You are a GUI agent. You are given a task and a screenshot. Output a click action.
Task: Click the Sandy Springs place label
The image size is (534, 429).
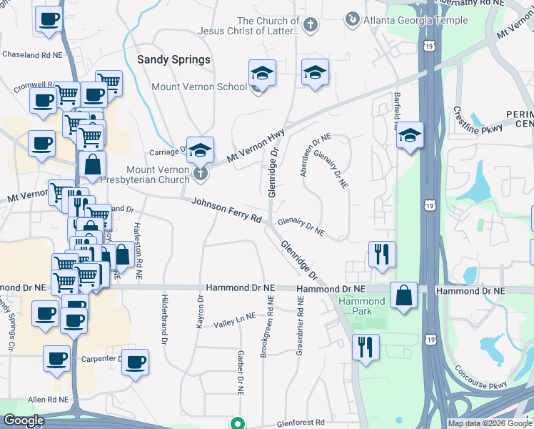[x=173, y=60]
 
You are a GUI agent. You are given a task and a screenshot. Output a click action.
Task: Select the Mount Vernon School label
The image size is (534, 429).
[x=198, y=87]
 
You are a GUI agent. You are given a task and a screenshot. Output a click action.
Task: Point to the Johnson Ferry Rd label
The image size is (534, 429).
[x=226, y=210]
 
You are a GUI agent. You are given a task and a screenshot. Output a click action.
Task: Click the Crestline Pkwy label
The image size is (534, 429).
[x=477, y=122]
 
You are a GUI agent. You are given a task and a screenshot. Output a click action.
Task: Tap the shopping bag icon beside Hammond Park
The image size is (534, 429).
[x=404, y=295]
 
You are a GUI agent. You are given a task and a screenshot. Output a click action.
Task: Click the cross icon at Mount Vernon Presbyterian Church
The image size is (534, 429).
[x=201, y=172]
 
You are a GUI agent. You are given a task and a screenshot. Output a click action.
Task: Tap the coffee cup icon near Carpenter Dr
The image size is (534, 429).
[x=134, y=362]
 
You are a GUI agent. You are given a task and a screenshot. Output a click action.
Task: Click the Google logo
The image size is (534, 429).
[x=24, y=421]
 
